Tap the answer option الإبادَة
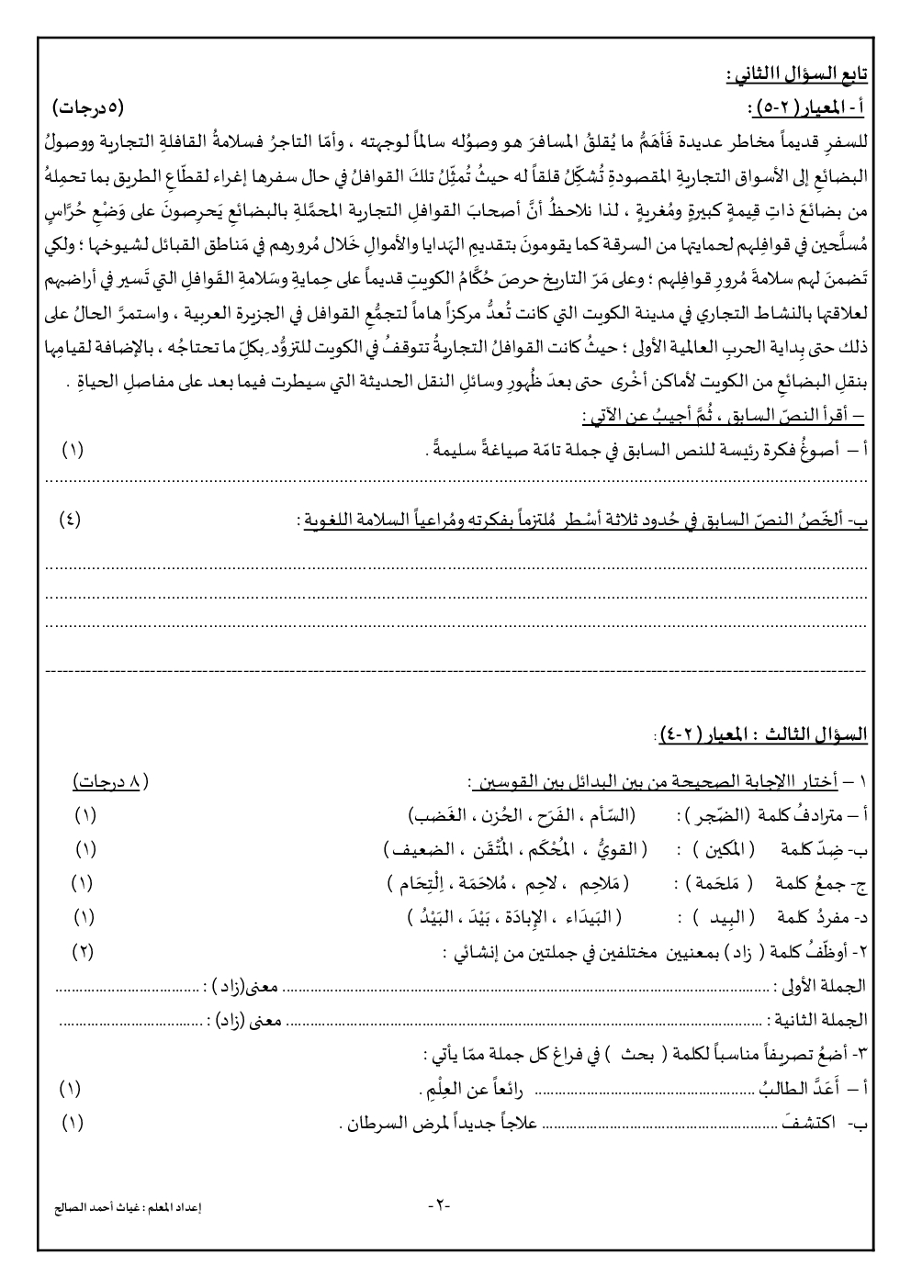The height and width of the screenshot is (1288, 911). [534, 916]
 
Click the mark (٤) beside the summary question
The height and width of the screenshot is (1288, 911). [70, 520]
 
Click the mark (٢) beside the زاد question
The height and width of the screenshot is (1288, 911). [83, 951]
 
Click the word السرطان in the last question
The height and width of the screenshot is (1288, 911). [373, 1122]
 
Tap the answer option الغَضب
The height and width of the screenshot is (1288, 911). [435, 815]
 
